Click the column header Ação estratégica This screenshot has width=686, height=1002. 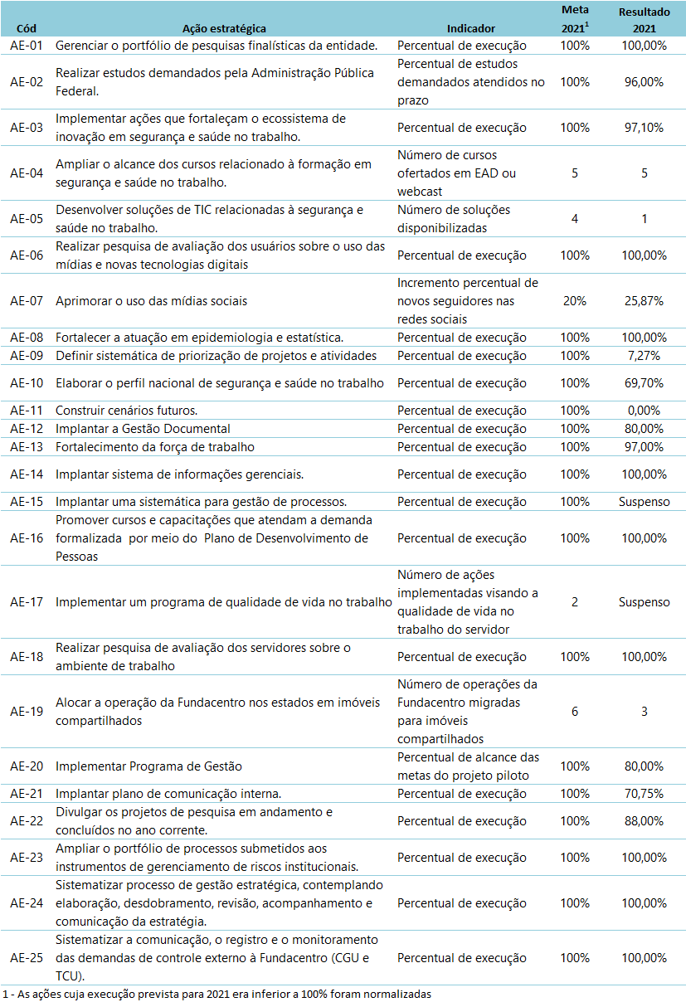(223, 27)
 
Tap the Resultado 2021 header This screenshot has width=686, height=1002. (644, 20)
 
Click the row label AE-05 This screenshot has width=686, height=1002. (27, 219)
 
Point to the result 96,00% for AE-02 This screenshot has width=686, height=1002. (644, 82)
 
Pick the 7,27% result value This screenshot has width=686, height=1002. (644, 356)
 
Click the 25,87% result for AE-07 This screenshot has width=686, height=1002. (644, 301)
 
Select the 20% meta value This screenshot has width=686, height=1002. (574, 301)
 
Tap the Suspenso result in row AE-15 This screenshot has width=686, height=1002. (644, 502)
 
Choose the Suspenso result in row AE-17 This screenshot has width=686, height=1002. (644, 602)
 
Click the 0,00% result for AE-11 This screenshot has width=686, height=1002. (644, 411)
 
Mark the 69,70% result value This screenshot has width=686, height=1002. (644, 383)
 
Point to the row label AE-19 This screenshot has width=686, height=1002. (27, 712)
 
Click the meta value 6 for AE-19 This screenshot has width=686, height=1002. (574, 712)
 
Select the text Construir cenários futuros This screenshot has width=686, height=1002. (127, 411)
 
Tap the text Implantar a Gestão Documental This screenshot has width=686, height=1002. (143, 429)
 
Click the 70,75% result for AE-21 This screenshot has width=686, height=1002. (644, 794)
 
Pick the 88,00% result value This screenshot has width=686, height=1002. (644, 821)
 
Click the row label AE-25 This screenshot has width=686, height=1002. (27, 958)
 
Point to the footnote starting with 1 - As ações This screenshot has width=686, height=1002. (217, 994)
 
